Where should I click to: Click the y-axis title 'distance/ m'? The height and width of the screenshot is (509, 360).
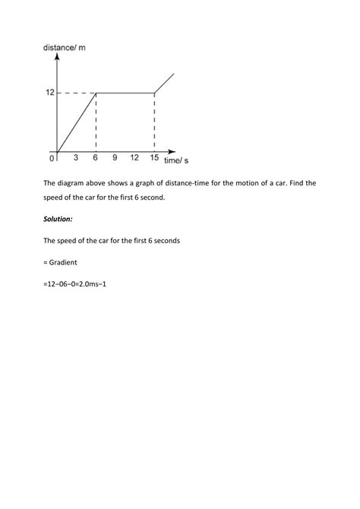[x=65, y=49]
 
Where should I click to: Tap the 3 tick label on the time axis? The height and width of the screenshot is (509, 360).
[x=76, y=159]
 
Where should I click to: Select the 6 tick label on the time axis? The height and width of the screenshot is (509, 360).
[x=96, y=159]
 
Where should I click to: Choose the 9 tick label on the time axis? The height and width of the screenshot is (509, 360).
[x=115, y=159]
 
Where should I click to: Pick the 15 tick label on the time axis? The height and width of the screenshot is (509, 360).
[x=154, y=159]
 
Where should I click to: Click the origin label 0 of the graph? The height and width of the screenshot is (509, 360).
[x=52, y=159]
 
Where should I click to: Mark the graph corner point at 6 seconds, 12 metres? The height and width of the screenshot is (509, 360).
[x=96, y=93]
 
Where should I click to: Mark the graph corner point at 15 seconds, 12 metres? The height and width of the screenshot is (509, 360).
[x=154, y=93]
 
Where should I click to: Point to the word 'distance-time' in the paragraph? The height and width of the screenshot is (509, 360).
[x=187, y=183]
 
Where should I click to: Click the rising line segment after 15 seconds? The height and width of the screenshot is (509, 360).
[x=165, y=83]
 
